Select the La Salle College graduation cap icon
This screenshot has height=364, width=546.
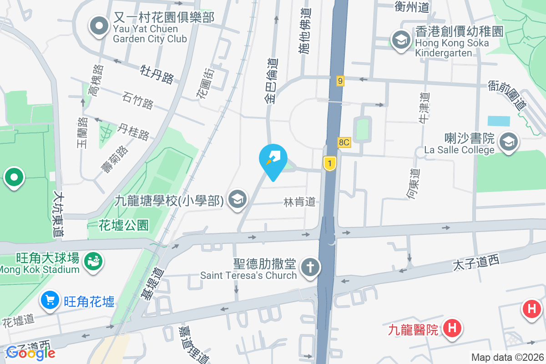click(508, 142)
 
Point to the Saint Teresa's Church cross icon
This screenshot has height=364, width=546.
click(311, 267)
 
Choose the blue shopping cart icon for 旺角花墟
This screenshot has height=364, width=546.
click(50, 300)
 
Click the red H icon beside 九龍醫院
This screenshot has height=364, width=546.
click(452, 328)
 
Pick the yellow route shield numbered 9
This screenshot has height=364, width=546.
click(340, 81)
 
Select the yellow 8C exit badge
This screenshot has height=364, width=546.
click(344, 142)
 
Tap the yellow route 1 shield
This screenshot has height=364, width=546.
click(329, 163)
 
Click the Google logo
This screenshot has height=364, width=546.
click(30, 353)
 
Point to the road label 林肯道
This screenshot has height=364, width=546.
click(299, 202)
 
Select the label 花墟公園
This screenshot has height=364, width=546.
click(124, 225)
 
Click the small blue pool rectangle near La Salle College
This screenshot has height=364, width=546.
click(499, 121)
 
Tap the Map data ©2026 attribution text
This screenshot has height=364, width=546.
click(507, 357)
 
